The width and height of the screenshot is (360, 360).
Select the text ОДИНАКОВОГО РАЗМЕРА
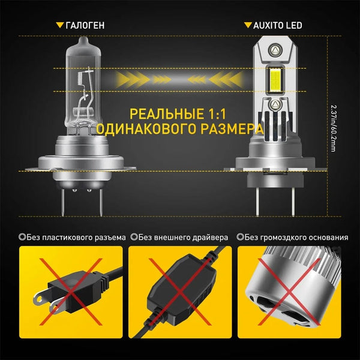click(x=179, y=128)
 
